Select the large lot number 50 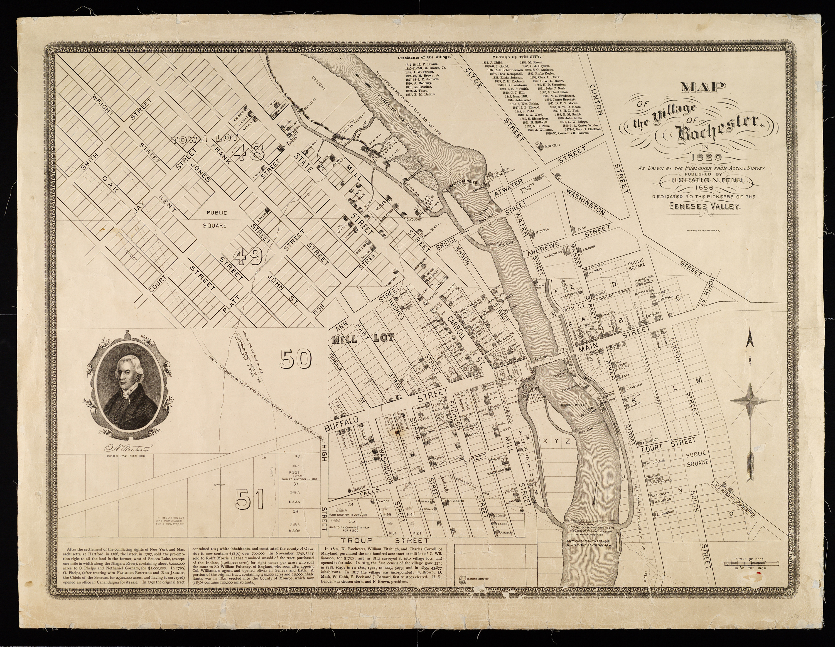click(x=296, y=359)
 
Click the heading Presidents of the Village click(x=424, y=57)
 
